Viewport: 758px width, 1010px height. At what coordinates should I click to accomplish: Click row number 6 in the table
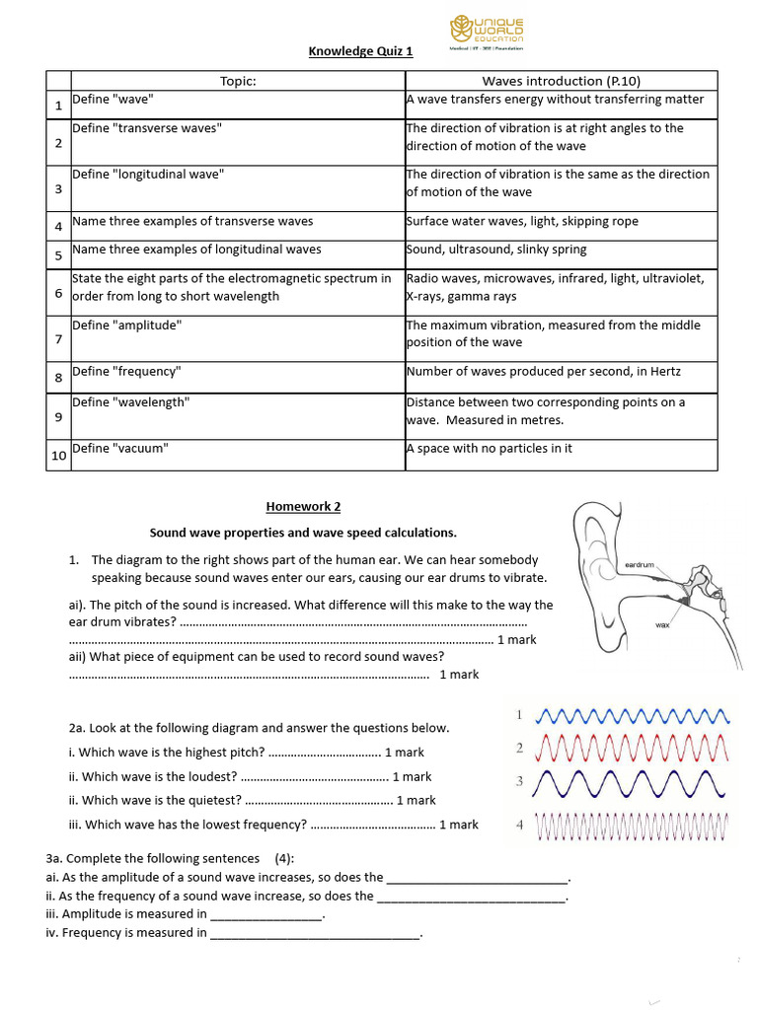coord(58,293)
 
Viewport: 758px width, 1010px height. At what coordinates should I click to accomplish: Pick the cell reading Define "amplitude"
coord(127,325)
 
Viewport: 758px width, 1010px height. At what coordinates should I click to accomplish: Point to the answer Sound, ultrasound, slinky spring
coord(496,250)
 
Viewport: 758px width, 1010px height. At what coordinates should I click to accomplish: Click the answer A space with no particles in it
coord(490,449)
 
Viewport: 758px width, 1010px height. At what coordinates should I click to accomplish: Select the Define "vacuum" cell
coord(120,449)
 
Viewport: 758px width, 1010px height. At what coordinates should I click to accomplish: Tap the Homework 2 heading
coord(303,507)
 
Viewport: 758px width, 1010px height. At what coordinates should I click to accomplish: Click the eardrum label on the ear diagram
coord(641,564)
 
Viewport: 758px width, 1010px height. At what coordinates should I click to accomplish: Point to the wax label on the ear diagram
coord(662,625)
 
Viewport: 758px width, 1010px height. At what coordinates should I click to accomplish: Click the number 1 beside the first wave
coord(519,714)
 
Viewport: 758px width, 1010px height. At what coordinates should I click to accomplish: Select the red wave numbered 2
coord(632,750)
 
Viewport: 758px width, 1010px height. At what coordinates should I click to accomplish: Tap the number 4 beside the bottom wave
coord(519,824)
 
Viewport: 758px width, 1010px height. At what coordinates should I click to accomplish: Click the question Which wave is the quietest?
coord(161,801)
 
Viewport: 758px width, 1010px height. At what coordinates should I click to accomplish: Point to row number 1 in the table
coord(58,105)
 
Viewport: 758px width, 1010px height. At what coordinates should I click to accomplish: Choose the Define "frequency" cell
coord(126,372)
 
